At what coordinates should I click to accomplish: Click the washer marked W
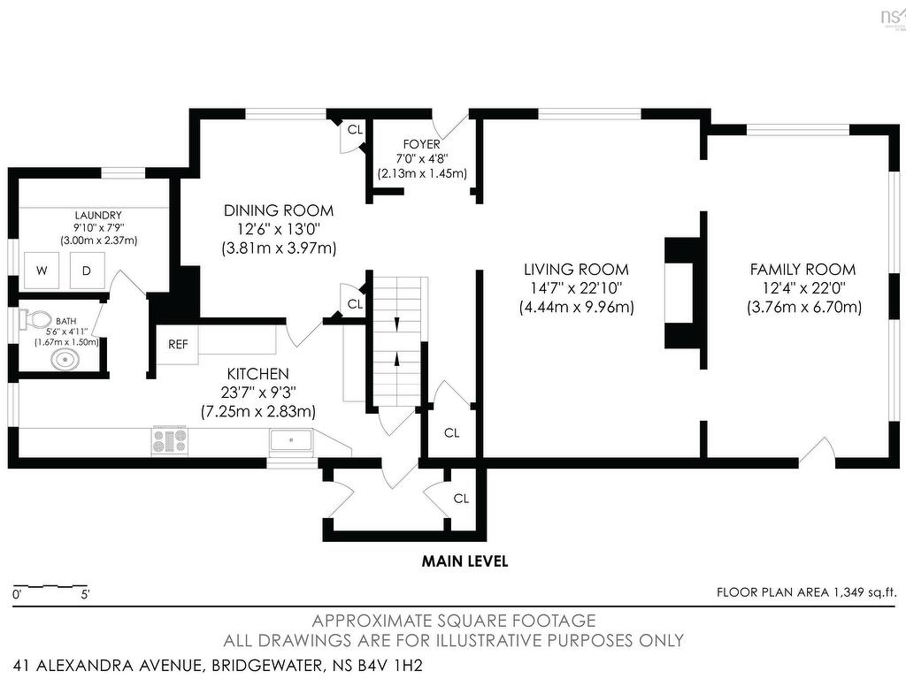tap(42, 271)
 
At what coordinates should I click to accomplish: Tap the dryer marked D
tap(88, 271)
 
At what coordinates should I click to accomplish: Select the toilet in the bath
tap(35, 319)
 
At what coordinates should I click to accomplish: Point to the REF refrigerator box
tap(178, 345)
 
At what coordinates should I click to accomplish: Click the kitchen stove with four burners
tap(170, 441)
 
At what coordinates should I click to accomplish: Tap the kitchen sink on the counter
tap(291, 443)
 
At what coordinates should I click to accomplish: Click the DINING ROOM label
tap(279, 210)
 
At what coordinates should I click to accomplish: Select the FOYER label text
tap(422, 144)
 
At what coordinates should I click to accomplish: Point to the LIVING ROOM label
tap(576, 269)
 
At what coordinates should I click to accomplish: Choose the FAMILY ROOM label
tap(803, 269)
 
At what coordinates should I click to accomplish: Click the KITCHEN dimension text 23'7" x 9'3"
tap(258, 393)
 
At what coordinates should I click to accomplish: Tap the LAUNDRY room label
tap(98, 216)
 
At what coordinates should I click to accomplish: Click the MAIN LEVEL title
tap(465, 561)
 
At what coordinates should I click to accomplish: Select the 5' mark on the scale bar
tap(86, 595)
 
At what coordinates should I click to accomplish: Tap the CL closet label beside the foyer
tap(355, 130)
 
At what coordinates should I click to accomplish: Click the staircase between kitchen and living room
tap(397, 343)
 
